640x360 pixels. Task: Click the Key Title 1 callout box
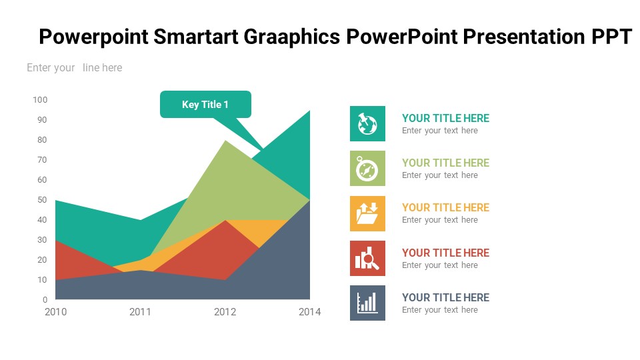(x=205, y=105)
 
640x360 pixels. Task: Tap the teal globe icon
(x=367, y=124)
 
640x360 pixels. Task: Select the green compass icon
(x=367, y=169)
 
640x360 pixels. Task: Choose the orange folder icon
(x=367, y=213)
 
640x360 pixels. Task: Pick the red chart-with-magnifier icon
(x=367, y=259)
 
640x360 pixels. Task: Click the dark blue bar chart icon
(x=367, y=303)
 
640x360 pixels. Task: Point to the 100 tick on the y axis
(x=40, y=99)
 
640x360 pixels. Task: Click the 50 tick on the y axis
(x=42, y=199)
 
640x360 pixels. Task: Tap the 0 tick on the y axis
(x=45, y=299)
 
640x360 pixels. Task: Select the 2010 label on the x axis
(x=55, y=312)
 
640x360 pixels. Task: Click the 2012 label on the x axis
(x=225, y=312)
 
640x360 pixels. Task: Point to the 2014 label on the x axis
(x=310, y=312)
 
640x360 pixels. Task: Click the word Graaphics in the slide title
(x=292, y=37)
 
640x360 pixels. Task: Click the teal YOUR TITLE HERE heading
(x=445, y=118)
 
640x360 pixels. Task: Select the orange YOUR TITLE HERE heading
(x=445, y=207)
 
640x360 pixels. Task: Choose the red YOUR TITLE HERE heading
(x=445, y=253)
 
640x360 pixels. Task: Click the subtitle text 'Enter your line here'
(x=74, y=67)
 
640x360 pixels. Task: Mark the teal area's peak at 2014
(x=310, y=110)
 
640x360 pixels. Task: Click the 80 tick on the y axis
(x=42, y=139)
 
